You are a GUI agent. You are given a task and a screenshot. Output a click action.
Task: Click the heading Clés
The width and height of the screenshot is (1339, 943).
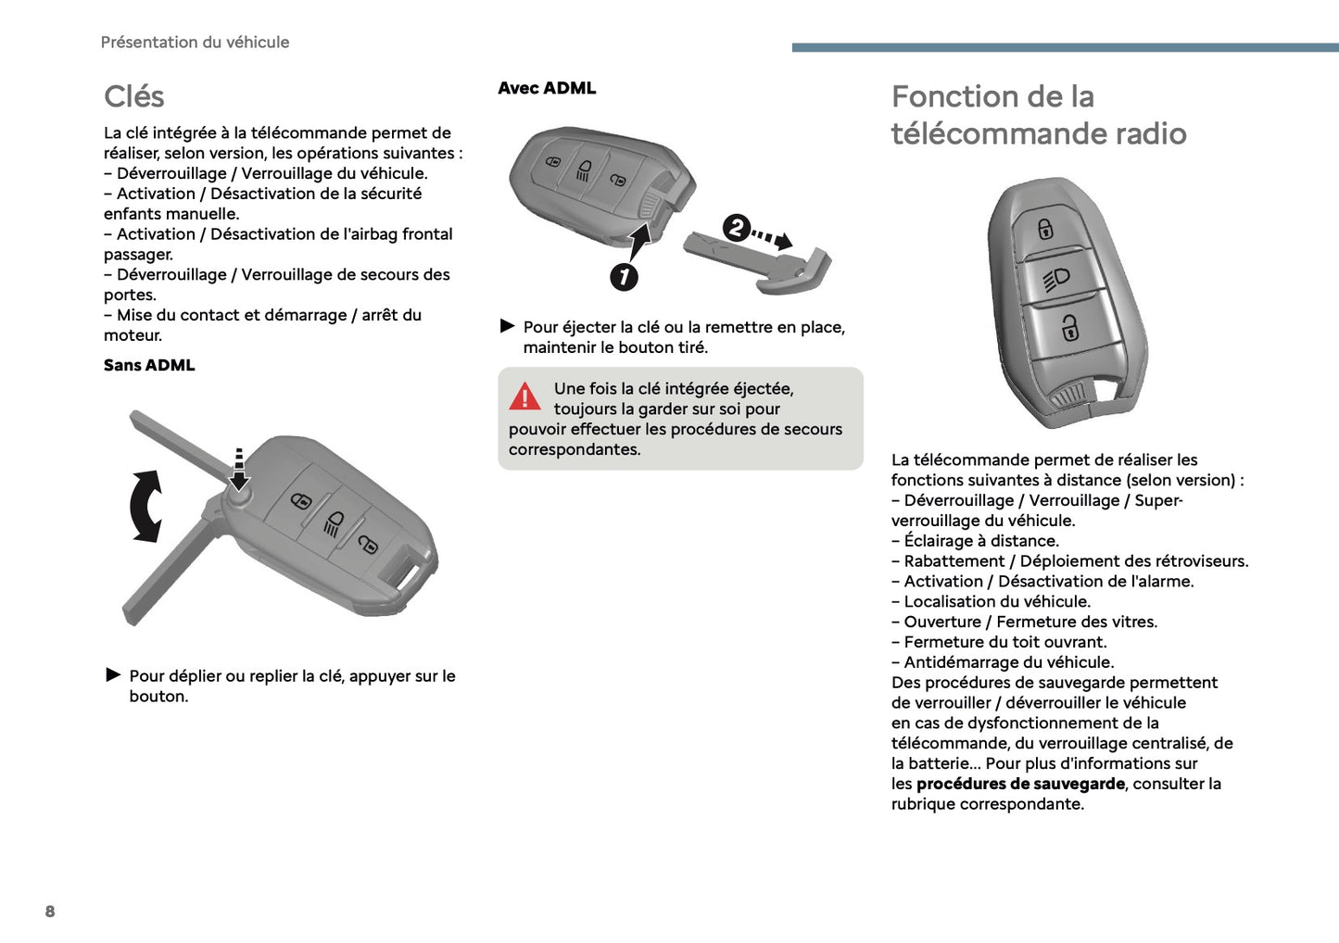(133, 96)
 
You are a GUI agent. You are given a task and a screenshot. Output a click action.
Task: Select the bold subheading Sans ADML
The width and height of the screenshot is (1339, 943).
(149, 365)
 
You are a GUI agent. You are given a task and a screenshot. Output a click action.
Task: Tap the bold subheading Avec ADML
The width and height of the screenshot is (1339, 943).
(547, 88)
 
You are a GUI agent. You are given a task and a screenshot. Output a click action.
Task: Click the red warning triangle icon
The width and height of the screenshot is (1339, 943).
(524, 396)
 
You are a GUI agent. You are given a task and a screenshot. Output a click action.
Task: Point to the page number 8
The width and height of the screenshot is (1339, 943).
(50, 912)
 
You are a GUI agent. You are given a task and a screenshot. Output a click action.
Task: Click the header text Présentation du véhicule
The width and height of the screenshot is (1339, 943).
(195, 42)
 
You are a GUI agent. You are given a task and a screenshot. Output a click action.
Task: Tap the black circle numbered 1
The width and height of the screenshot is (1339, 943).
(624, 276)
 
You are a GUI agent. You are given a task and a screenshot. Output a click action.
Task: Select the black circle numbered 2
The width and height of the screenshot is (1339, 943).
(736, 227)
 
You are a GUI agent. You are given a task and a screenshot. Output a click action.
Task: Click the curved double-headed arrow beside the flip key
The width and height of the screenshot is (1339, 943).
(145, 506)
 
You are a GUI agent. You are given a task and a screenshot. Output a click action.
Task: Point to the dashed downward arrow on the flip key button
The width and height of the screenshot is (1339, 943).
(239, 468)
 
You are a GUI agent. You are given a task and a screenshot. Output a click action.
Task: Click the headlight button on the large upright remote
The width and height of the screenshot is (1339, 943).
(1057, 279)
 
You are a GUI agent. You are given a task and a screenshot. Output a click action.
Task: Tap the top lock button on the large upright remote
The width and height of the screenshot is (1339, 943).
(1045, 228)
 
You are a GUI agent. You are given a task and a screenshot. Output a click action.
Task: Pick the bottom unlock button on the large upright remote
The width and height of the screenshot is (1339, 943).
(1070, 327)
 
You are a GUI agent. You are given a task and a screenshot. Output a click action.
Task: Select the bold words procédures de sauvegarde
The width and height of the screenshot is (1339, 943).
(1020, 784)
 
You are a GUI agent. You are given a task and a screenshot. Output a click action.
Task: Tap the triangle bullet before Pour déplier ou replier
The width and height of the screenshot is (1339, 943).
(114, 674)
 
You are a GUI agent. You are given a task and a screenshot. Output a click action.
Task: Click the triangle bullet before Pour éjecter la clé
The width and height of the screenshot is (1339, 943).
(507, 326)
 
